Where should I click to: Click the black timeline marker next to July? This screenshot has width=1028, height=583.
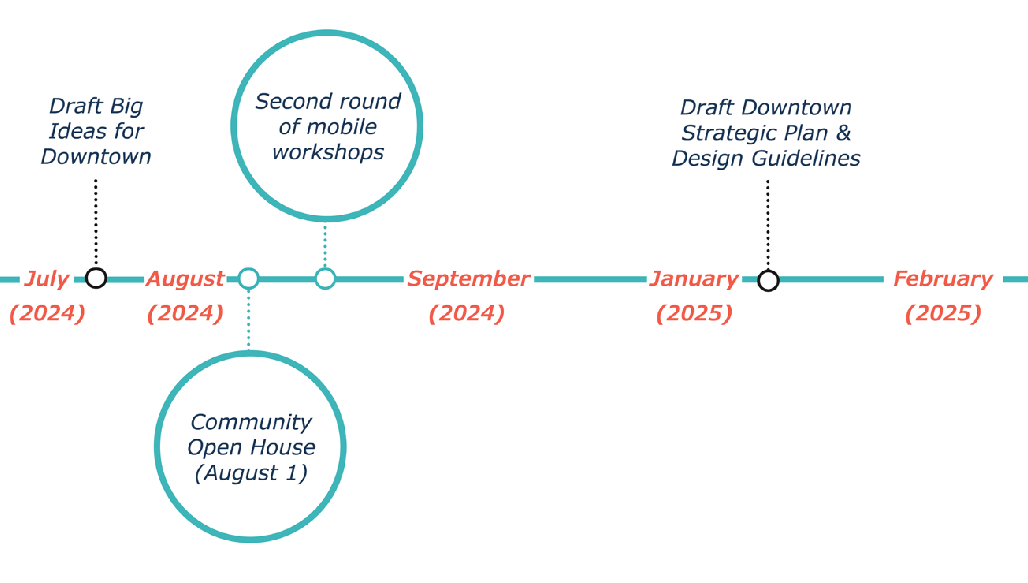(96, 278)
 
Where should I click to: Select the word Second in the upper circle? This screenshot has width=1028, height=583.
(285, 101)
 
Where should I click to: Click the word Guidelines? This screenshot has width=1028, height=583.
(806, 158)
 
